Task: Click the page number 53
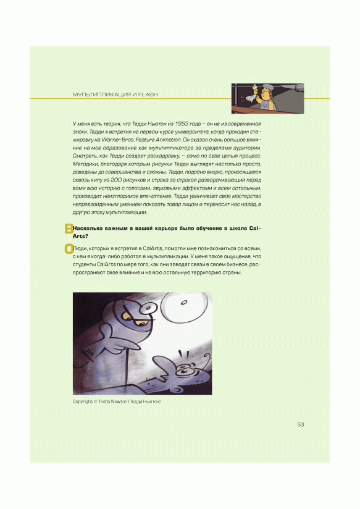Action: [300, 424]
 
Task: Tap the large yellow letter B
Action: [69, 229]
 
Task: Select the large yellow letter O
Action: [69, 249]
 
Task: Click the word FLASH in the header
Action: [148, 95]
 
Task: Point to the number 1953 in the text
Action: [182, 124]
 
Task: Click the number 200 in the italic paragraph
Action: [116, 180]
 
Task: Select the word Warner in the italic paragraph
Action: [111, 140]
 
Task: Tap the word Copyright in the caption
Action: [83, 402]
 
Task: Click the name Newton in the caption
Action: [119, 402]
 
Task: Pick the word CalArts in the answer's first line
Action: [153, 248]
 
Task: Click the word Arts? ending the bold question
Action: [80, 236]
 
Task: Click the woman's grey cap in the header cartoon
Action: [269, 86]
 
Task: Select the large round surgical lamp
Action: [184, 303]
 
